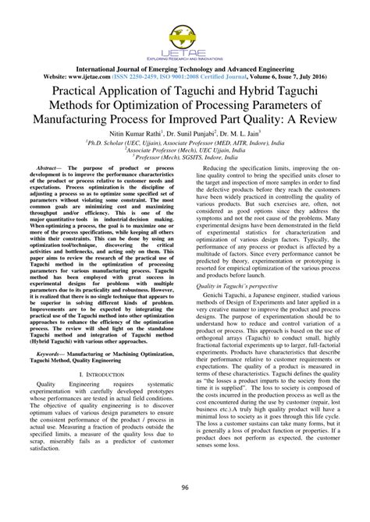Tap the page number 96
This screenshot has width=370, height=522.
(x=185, y=488)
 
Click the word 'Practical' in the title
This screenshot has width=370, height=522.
(x=57, y=91)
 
